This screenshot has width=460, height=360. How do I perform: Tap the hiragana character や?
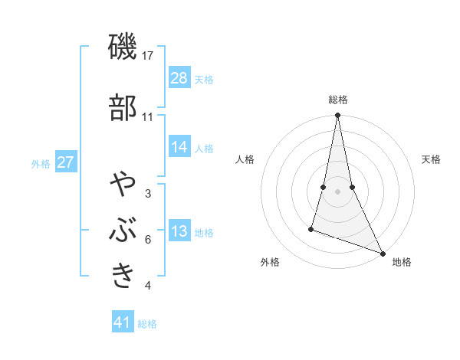click(123, 185)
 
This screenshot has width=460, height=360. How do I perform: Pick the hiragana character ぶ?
click(123, 231)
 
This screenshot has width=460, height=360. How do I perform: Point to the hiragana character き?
click(123, 276)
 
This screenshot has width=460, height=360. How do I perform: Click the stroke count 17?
click(148, 56)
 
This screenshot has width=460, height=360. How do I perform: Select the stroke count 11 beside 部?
click(148, 116)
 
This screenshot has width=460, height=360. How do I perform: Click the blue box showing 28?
click(179, 77)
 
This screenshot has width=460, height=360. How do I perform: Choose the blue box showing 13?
click(179, 231)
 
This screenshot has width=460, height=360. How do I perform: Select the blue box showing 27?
click(66, 162)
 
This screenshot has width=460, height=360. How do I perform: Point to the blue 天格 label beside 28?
click(204, 79)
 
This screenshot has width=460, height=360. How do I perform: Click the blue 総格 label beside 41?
click(147, 324)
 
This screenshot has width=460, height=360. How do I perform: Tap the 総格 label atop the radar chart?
click(337, 100)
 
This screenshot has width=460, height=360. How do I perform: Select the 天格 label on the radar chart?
click(431, 159)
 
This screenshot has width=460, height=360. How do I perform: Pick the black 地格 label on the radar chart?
click(402, 263)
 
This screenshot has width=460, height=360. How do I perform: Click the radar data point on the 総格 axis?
click(337, 116)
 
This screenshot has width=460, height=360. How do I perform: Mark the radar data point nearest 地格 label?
click(383, 254)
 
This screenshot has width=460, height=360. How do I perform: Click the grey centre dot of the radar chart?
click(337, 191)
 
